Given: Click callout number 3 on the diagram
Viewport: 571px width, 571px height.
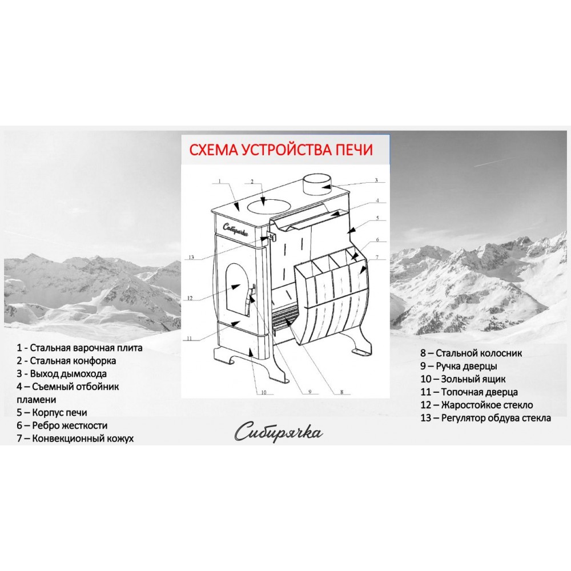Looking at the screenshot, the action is (376, 180).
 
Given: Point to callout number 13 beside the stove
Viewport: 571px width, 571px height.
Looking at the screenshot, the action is (191, 258).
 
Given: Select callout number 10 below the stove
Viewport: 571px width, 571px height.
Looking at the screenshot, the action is (264, 392).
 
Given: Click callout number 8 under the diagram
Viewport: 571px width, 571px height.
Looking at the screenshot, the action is (341, 392).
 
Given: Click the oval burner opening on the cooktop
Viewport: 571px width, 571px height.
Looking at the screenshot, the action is (267, 205).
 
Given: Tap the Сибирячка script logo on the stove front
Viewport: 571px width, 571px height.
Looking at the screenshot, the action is (236, 230).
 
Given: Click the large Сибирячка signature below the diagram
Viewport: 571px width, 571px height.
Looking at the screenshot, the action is (279, 432).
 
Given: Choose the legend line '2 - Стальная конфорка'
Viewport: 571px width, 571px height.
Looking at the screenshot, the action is (66, 361).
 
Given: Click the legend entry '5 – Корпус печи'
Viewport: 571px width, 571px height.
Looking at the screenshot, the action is (52, 413).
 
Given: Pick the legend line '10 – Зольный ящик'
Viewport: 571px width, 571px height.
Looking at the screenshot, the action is (463, 379).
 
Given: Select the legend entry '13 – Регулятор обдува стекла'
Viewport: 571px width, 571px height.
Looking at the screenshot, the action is (485, 418).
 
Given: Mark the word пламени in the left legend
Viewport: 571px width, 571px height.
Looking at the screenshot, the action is (37, 400).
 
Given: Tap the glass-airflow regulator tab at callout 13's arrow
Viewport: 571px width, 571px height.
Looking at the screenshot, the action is (272, 236).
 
